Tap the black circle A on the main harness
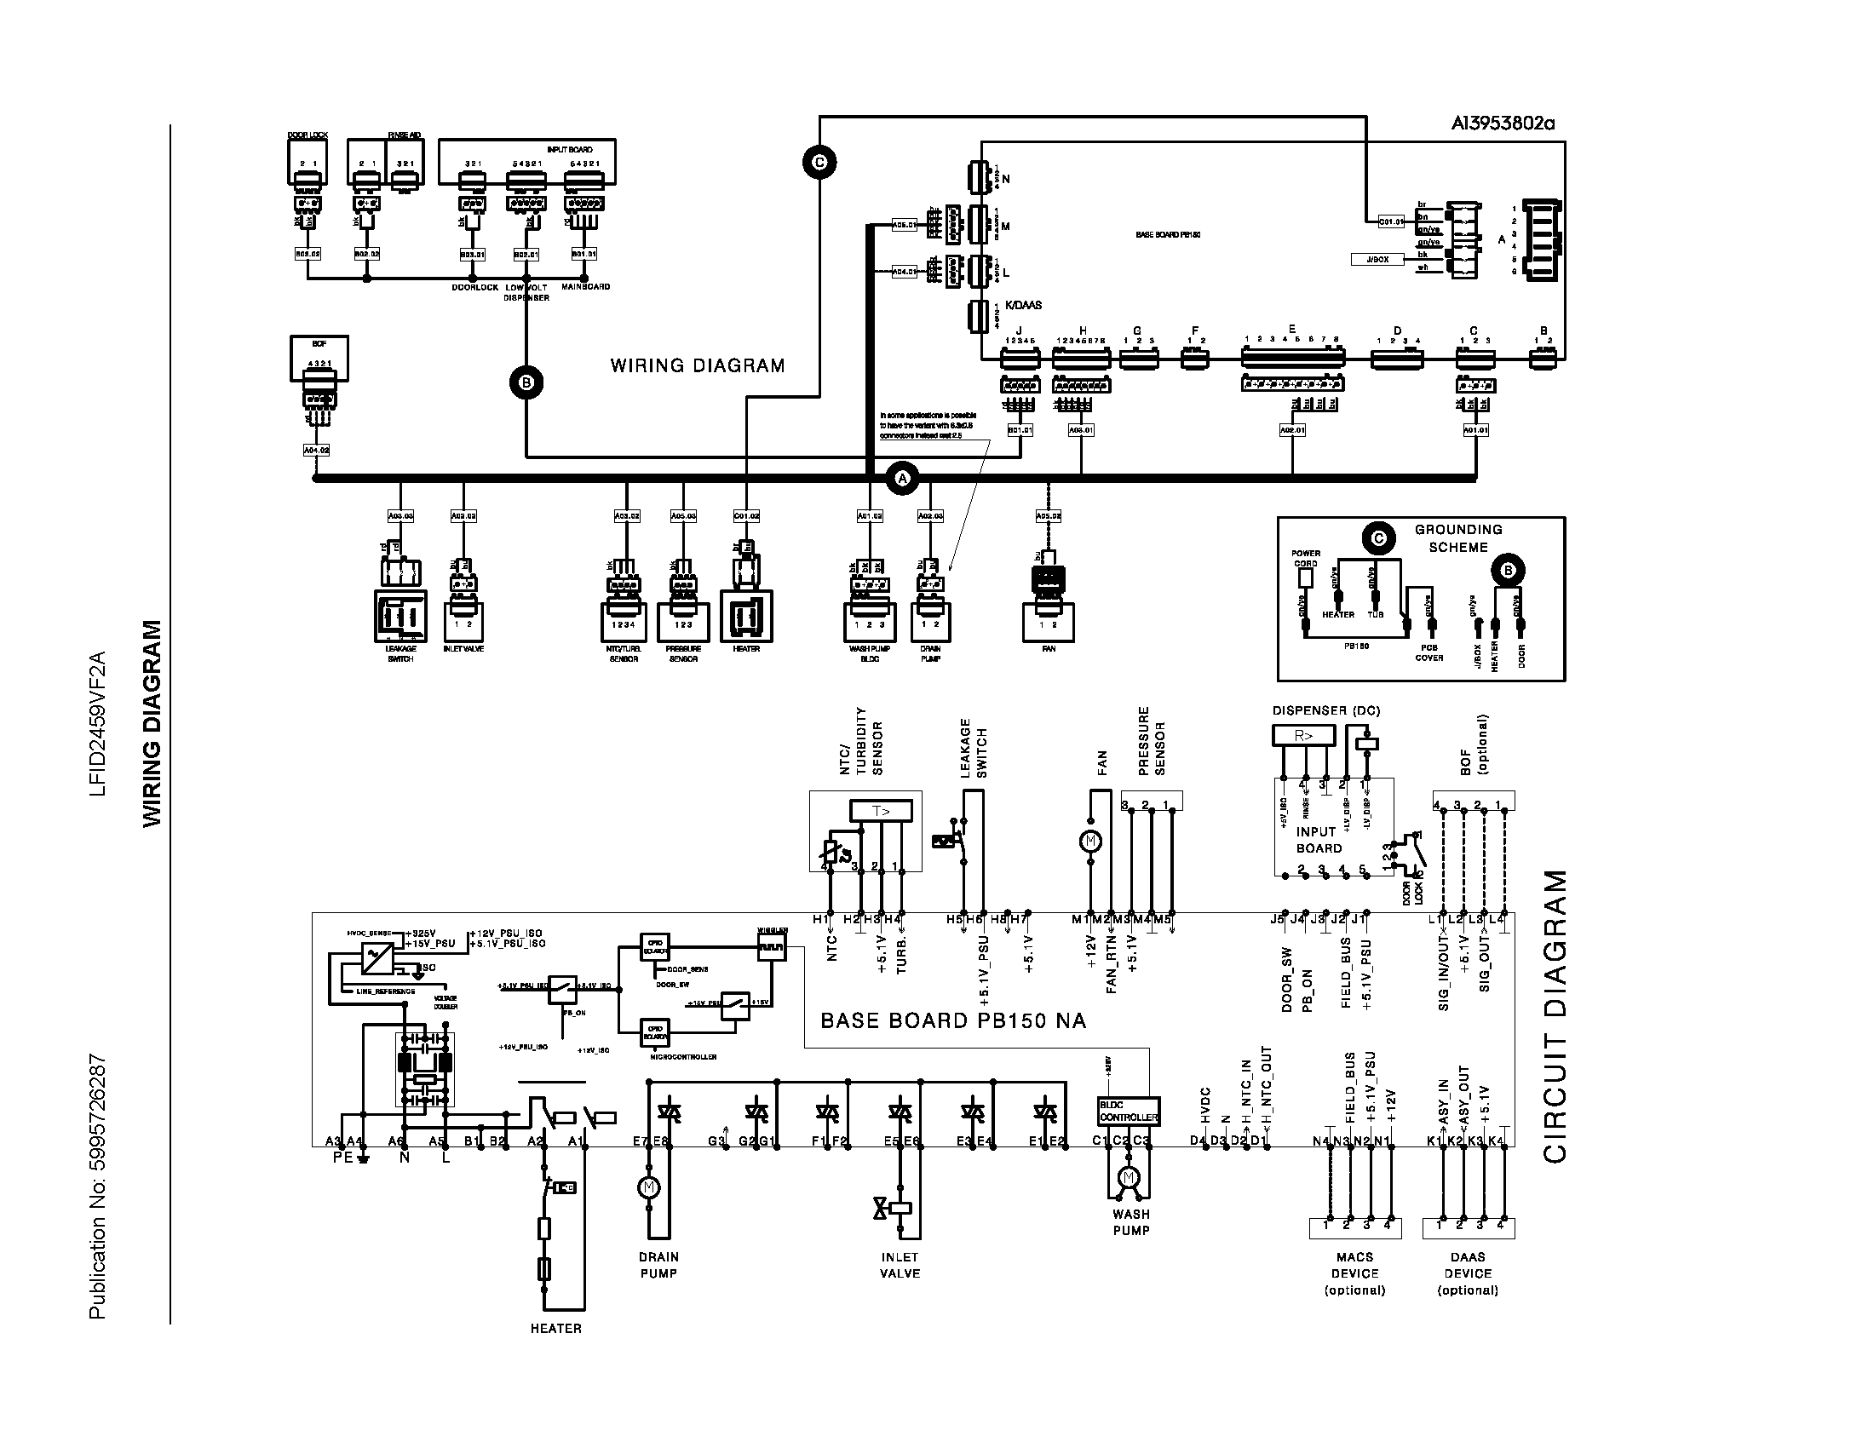click(902, 478)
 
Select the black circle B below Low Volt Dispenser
click(526, 382)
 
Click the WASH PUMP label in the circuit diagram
click(1131, 1221)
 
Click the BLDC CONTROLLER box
click(1129, 1112)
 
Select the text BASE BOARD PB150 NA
click(953, 1020)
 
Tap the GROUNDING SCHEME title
click(1457, 537)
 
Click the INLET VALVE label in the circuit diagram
click(900, 1265)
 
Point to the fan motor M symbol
click(1090, 842)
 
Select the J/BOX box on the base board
click(1377, 259)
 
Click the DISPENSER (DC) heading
click(1325, 710)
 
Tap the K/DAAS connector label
click(1023, 305)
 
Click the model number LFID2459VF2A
click(98, 724)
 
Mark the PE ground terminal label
click(342, 1158)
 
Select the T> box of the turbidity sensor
click(881, 811)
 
